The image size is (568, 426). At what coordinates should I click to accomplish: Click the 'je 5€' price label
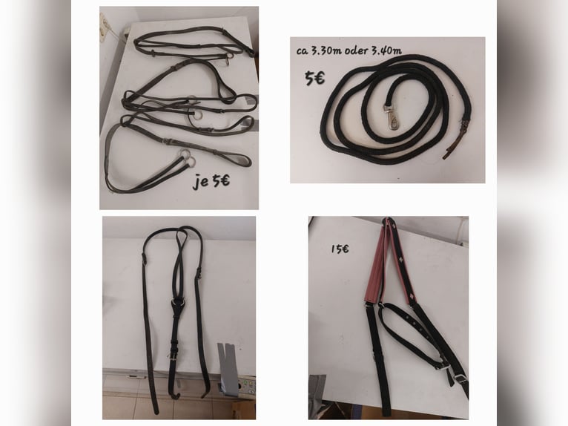pos(211,180)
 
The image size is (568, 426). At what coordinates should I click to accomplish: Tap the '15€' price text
pos(340,249)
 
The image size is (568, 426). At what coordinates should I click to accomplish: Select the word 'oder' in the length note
pos(356,50)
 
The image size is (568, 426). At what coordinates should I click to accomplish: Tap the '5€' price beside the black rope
pos(314,79)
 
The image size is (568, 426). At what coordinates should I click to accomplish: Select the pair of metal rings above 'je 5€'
pos(187,158)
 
